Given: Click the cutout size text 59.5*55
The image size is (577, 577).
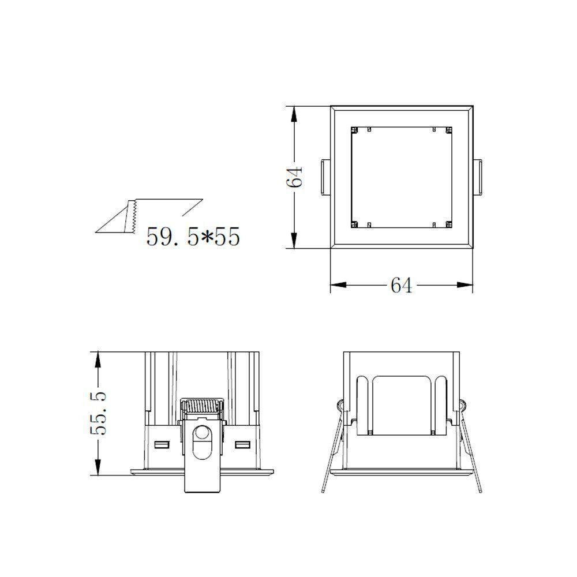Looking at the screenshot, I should [x=193, y=237].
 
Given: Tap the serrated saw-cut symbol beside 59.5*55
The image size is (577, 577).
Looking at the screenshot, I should [x=130, y=216].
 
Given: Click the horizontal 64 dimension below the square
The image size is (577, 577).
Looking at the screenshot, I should [x=401, y=285].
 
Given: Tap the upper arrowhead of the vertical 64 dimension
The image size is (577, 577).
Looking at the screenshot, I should [x=295, y=113].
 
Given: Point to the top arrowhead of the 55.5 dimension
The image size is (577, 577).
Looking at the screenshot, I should [x=99, y=358].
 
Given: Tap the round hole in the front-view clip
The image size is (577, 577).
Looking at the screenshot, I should [x=202, y=434].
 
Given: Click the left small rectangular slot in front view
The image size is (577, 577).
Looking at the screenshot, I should [x=162, y=445].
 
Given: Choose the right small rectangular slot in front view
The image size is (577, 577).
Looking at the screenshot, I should [x=242, y=445].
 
